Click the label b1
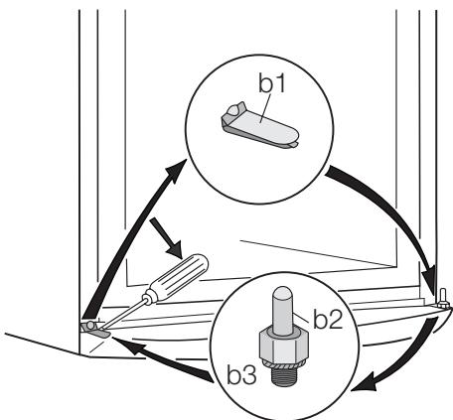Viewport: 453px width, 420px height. coord(272,83)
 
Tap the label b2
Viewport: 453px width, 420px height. coord(328,320)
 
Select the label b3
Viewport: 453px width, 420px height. coord(241,374)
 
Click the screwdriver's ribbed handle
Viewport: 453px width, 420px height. coord(179,277)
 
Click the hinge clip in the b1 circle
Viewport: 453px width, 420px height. coord(259,125)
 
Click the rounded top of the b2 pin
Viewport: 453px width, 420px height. coord(282,294)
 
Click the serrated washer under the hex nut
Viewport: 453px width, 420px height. coord(283,364)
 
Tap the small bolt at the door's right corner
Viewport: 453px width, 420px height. coord(444,299)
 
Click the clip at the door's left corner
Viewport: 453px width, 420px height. coord(95,329)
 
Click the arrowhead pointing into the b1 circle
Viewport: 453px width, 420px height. coord(177,170)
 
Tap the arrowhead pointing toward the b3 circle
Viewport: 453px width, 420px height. coord(365,384)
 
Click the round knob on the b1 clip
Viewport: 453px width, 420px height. coord(233,110)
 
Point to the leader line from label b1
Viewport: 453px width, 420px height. coord(266,108)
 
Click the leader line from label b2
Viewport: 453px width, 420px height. coord(302,318)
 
